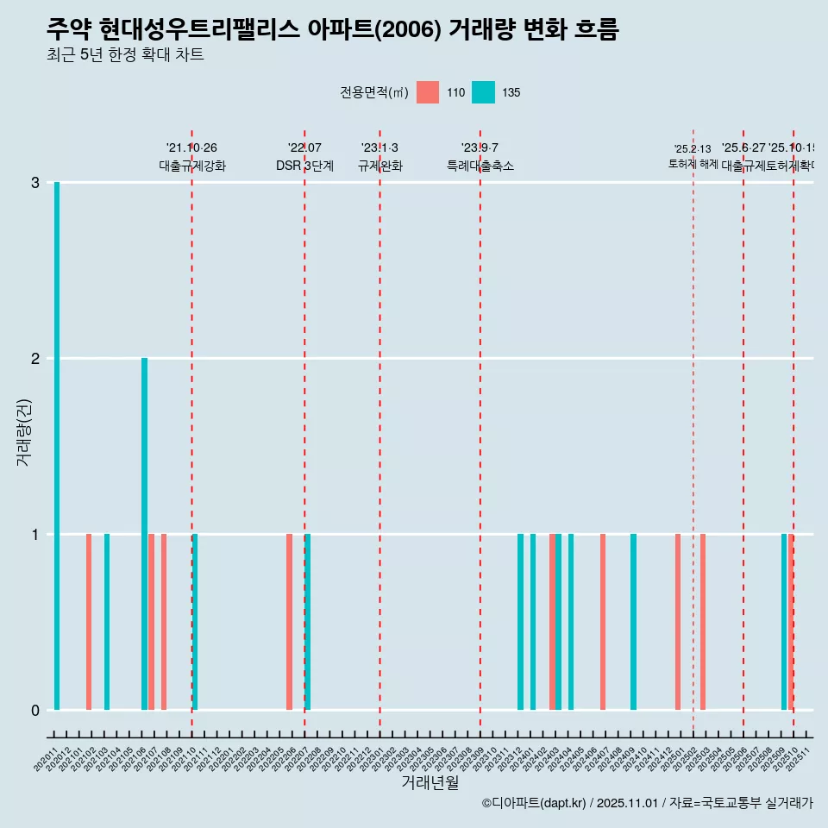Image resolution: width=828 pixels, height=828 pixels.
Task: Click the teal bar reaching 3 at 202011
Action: pos(57,446)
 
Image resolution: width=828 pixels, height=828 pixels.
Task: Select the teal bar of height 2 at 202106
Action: pos(145,534)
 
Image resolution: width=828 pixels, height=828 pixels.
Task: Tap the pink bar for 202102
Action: pos(89,622)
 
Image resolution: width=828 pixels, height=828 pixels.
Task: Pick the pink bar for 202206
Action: pos(290,622)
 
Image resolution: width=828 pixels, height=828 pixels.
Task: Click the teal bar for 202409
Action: pos(633,622)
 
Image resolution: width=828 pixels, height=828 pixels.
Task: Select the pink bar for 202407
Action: pos(603,622)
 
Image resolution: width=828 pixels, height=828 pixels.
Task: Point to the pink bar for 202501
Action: pos(678,622)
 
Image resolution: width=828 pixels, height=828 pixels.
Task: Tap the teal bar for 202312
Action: pos(520,622)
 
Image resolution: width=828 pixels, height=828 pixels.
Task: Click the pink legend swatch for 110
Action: pos(428,92)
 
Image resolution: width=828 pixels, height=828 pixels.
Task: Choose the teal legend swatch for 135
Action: pos(483,92)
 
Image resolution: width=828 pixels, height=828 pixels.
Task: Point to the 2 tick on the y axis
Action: pos(35,359)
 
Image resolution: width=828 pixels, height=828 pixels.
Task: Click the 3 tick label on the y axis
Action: pos(35,183)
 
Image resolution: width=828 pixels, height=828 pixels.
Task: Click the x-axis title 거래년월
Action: pos(430,782)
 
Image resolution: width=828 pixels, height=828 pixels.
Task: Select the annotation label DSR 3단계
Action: pos(304,166)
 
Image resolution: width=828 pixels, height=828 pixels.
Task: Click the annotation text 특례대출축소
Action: pos(480,166)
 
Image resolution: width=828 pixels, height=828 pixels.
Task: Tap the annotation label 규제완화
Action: pos(379,166)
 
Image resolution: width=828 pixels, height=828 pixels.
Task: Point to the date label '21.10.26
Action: pos(191,148)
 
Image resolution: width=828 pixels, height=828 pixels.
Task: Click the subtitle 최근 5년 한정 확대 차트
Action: pos(125,55)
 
